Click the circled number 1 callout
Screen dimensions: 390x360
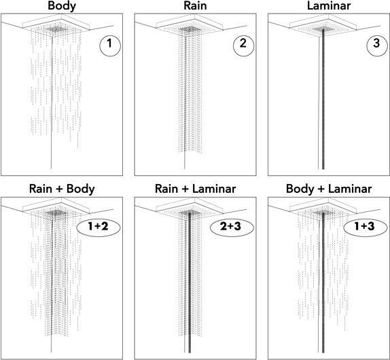pos(110,46)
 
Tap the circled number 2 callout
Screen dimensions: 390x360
pos(243,46)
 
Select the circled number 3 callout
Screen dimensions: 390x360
pos(377,46)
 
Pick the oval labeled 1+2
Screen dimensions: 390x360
pos(99,228)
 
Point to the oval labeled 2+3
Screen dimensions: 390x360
pos(232,228)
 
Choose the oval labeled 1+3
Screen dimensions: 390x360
pos(366,228)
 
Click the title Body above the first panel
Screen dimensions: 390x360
pos(62,5)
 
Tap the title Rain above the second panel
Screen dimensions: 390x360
pos(195,5)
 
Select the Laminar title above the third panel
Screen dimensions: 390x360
pos(329,5)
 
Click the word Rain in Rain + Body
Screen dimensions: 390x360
pos(41,189)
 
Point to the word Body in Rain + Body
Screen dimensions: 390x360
pos(81,190)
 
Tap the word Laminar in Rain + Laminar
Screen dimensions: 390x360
pos(214,189)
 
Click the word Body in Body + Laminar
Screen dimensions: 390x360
pos(300,190)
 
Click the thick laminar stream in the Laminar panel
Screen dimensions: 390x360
pos(323,99)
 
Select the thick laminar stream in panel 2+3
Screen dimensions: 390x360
pos(190,283)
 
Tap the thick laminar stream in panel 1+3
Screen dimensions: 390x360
pos(323,283)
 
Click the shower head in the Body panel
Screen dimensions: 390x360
pos(56,26)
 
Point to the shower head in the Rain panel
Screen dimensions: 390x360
pos(190,26)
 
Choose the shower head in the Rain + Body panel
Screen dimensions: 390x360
pos(56,209)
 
